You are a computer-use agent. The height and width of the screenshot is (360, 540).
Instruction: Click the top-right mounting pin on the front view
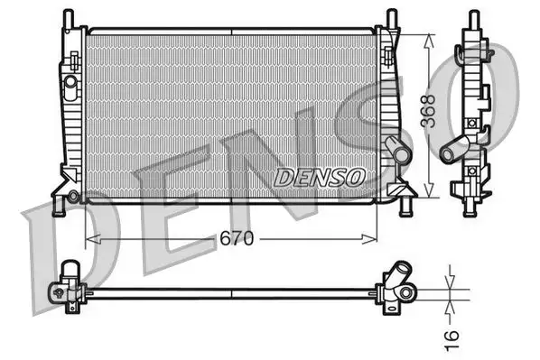pyautogui.click(x=391, y=18)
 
